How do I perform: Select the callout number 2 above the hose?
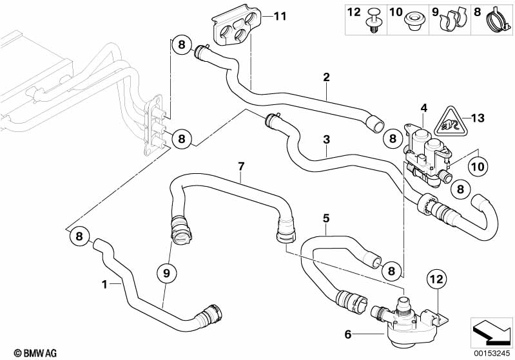[326, 78]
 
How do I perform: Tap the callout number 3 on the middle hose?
[327, 139]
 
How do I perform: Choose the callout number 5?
[326, 218]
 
